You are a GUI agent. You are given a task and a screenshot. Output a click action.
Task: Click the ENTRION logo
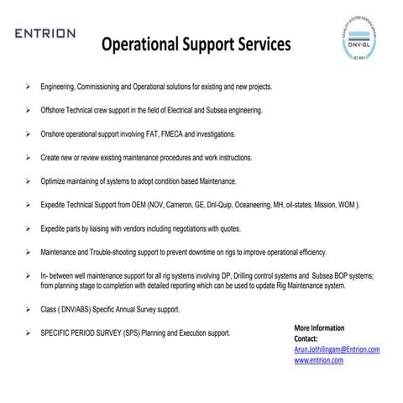(44, 34)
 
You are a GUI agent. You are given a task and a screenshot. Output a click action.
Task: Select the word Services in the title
(260, 43)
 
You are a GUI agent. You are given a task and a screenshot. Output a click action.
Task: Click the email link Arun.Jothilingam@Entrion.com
(337, 348)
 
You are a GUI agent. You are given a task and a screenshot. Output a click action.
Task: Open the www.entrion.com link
(318, 359)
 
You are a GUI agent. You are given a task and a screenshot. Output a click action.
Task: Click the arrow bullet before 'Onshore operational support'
(29, 133)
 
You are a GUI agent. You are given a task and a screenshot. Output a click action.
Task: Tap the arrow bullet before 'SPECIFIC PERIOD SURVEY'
(29, 333)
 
